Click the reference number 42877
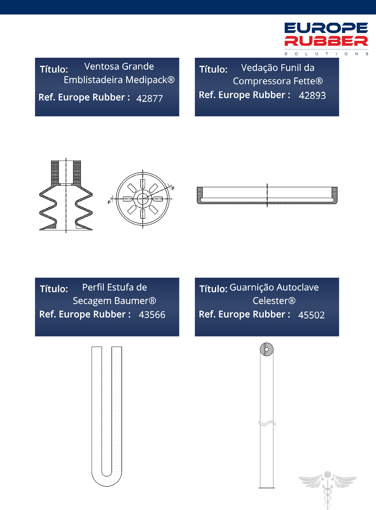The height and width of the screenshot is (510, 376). point(149,99)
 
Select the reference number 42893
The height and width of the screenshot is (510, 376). point(312,96)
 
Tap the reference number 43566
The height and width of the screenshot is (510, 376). point(152,315)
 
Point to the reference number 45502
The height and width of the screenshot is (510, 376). point(311,315)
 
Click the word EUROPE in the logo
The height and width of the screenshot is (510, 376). point(326,28)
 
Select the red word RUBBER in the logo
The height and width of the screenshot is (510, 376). point(326,41)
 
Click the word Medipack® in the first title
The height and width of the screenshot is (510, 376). point(150,80)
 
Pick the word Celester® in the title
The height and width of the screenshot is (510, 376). point(274,301)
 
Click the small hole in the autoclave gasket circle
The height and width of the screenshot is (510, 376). point(266,349)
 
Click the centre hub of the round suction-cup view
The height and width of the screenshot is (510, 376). point(143,198)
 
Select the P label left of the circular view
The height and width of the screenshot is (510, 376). point(109,202)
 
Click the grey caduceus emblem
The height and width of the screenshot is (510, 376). point(327,489)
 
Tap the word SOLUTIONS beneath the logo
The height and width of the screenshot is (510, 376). point(326,54)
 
